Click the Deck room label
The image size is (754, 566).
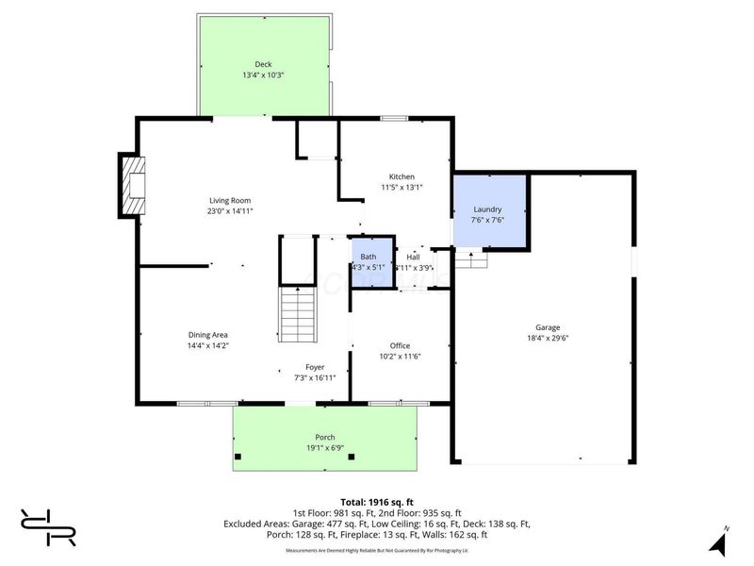(x=263, y=64)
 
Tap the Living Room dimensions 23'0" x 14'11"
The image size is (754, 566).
(x=230, y=211)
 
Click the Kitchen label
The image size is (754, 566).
(x=402, y=176)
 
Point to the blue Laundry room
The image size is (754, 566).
(x=488, y=213)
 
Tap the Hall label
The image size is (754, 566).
(x=413, y=257)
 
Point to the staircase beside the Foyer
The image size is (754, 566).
(x=299, y=315)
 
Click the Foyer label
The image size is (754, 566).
(x=315, y=366)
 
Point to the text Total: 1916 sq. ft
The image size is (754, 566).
(x=377, y=501)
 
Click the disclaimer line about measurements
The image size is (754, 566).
(x=377, y=549)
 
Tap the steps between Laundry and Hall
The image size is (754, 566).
(x=470, y=258)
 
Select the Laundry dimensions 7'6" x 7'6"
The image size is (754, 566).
(x=488, y=220)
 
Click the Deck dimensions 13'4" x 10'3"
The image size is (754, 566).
(x=263, y=75)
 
